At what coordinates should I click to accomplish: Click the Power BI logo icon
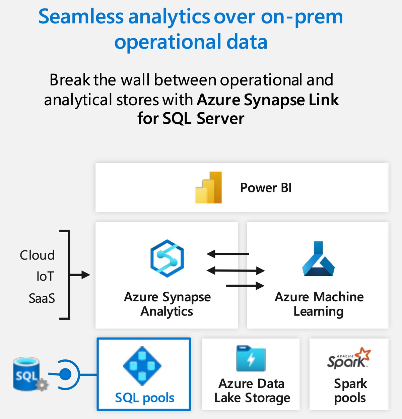point(209,188)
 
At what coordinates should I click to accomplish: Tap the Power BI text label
point(266,188)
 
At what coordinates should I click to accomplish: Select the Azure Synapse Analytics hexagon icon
point(167,258)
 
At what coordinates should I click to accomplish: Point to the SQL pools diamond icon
point(142,366)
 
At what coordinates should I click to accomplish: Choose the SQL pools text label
point(144,398)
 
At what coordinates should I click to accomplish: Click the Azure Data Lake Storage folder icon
point(251,359)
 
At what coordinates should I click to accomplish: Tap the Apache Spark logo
point(349,359)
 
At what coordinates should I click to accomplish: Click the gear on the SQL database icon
point(42,385)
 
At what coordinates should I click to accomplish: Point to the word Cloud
point(37,255)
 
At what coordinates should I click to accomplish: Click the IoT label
point(45,277)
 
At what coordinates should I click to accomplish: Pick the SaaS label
point(42,298)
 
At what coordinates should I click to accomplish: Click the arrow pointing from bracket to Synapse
point(80,275)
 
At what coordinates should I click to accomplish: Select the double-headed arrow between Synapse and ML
point(236,270)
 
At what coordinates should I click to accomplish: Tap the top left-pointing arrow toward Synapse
point(228,254)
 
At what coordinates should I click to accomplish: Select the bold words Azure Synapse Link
point(268,100)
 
